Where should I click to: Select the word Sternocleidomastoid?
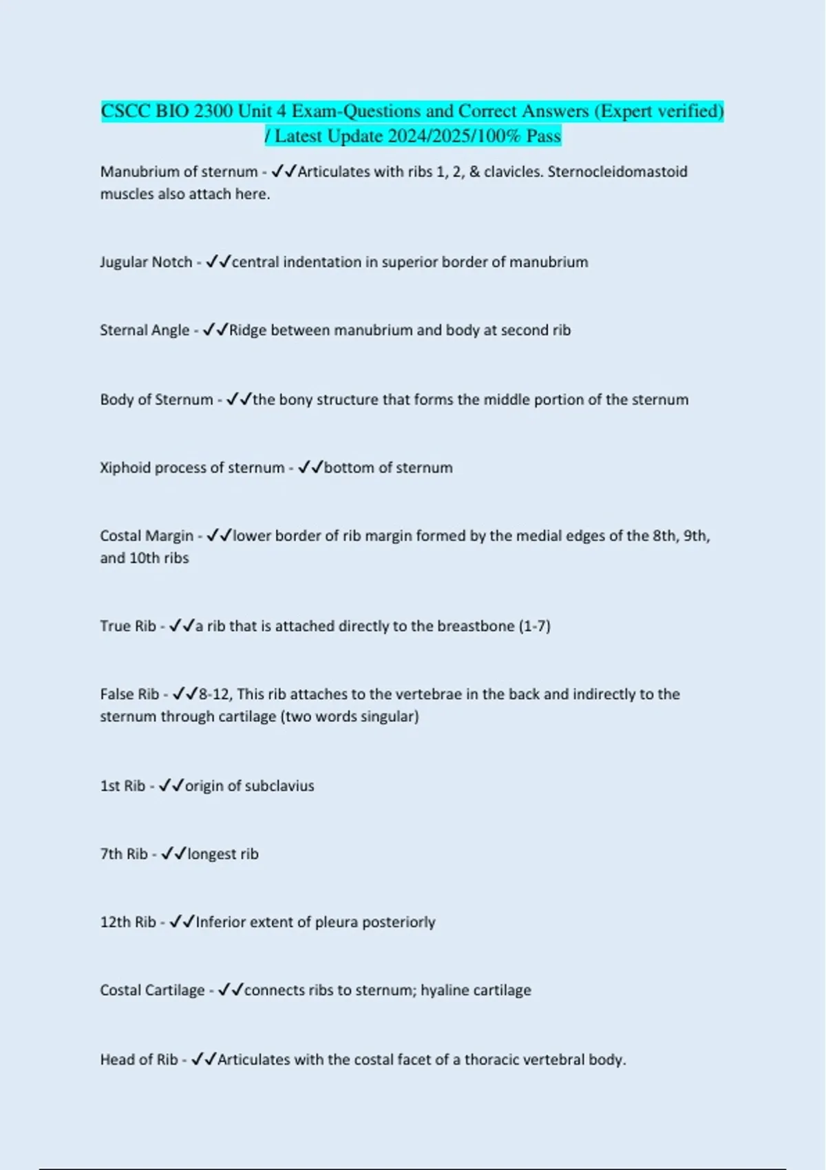coord(617,171)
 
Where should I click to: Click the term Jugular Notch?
coord(146,262)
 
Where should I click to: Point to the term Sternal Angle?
coord(145,330)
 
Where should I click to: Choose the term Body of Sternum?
coord(156,400)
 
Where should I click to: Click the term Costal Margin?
coord(147,536)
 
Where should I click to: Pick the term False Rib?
coord(129,694)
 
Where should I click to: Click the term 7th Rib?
coord(124,854)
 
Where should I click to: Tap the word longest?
coord(212,854)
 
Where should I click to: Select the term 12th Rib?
coord(128,922)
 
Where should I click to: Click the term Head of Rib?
coord(139,1060)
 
